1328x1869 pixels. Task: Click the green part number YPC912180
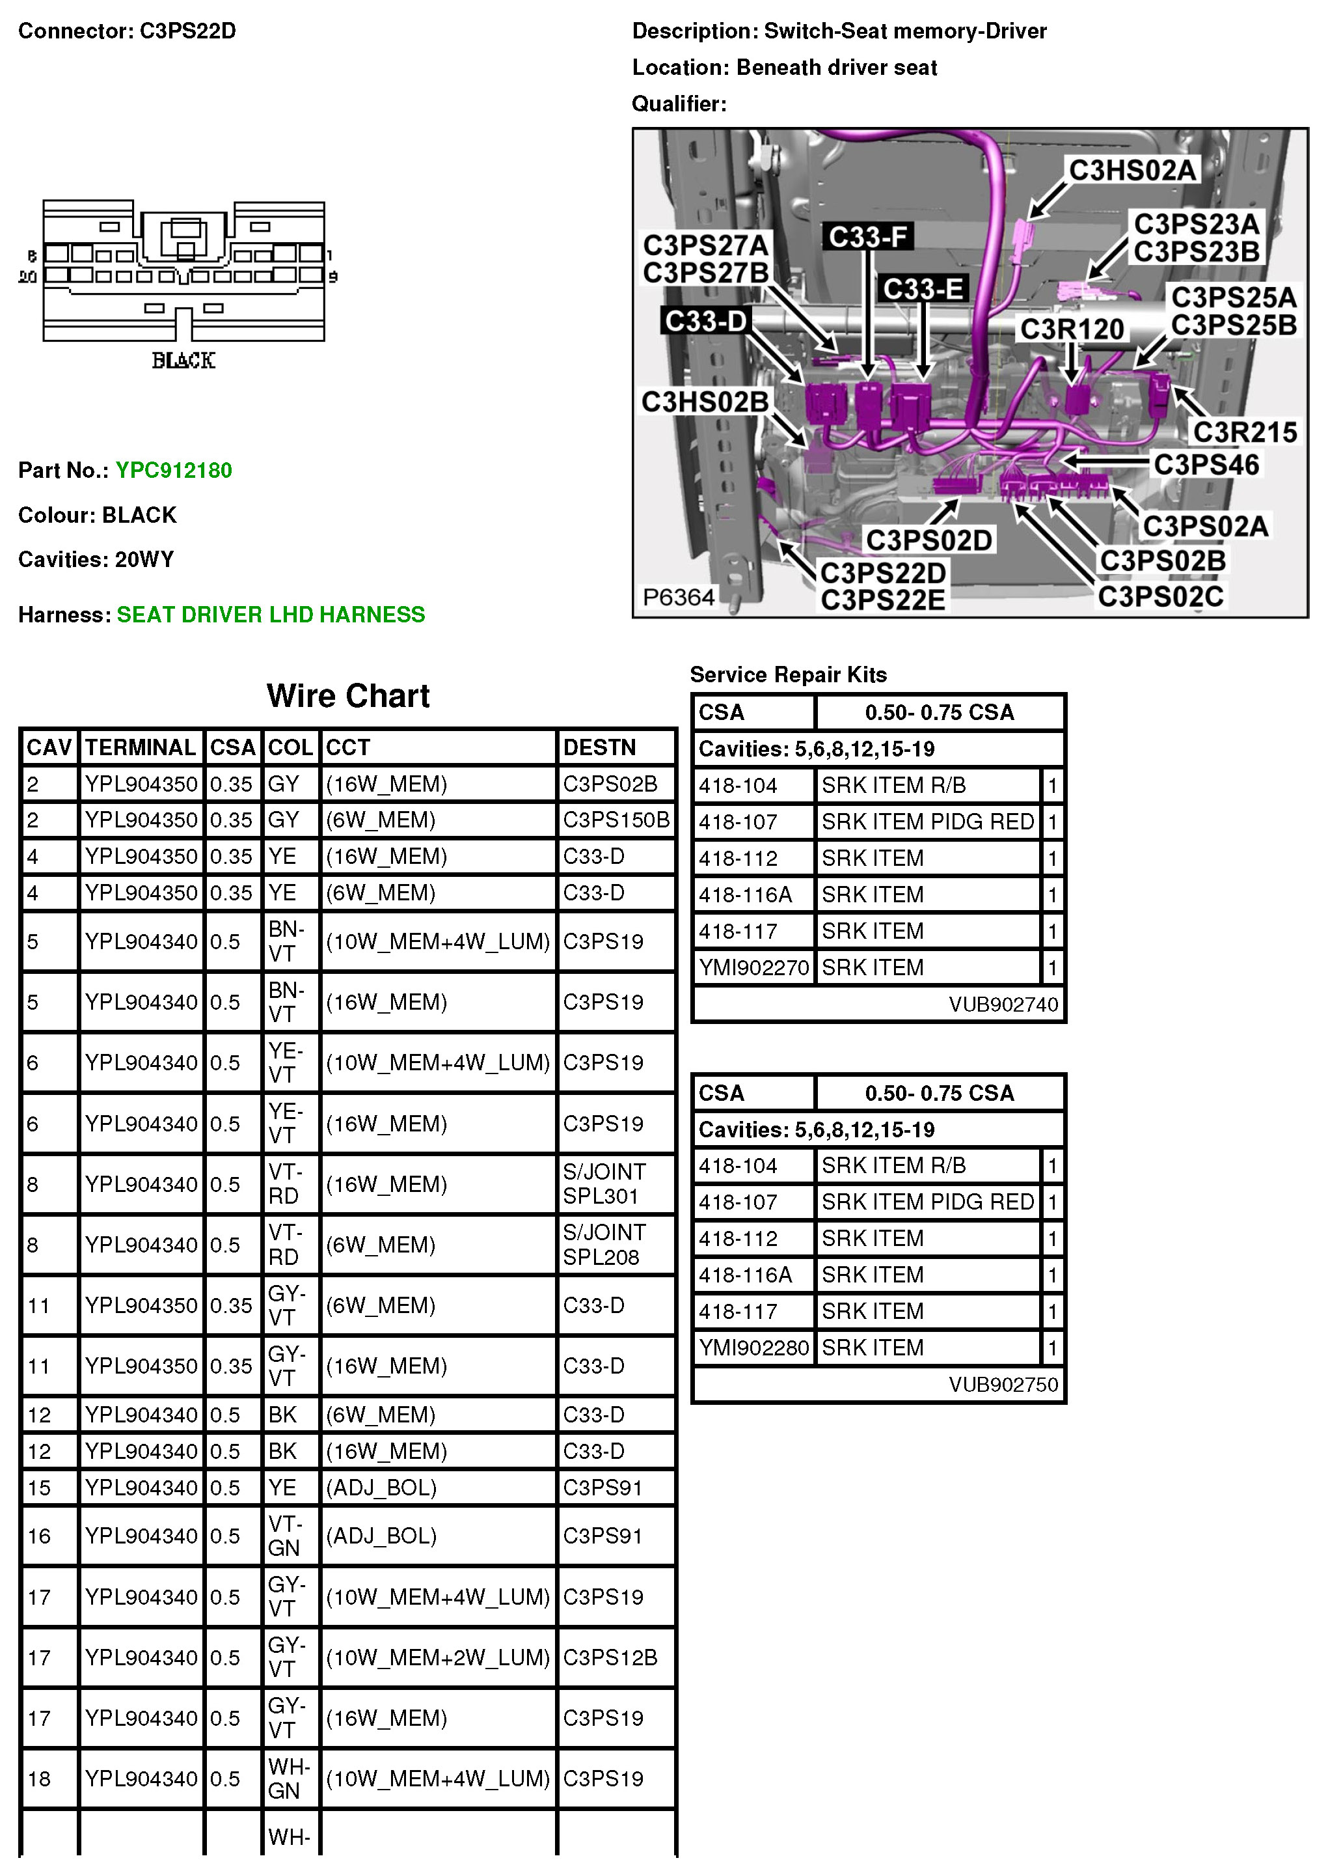click(173, 470)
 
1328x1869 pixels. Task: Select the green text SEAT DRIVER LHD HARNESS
click(271, 615)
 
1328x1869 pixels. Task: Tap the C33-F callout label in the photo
click(867, 237)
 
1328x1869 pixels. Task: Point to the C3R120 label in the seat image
click(1071, 329)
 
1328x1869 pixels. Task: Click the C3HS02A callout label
click(1133, 170)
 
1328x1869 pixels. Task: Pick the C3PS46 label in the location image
click(1206, 465)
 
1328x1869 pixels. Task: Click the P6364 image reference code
click(679, 597)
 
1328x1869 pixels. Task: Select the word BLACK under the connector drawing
click(183, 361)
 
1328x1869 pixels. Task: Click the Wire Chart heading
click(347, 696)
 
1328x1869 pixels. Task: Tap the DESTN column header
click(599, 747)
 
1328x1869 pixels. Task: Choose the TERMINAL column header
click(141, 747)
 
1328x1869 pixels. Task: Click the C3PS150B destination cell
click(616, 820)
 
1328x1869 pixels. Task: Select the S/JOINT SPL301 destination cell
click(604, 1184)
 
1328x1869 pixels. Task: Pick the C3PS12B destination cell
click(610, 1657)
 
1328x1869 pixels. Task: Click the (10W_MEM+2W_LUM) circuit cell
click(437, 1657)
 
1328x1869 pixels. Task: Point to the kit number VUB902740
click(1003, 1004)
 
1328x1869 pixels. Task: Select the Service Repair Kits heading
click(789, 675)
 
